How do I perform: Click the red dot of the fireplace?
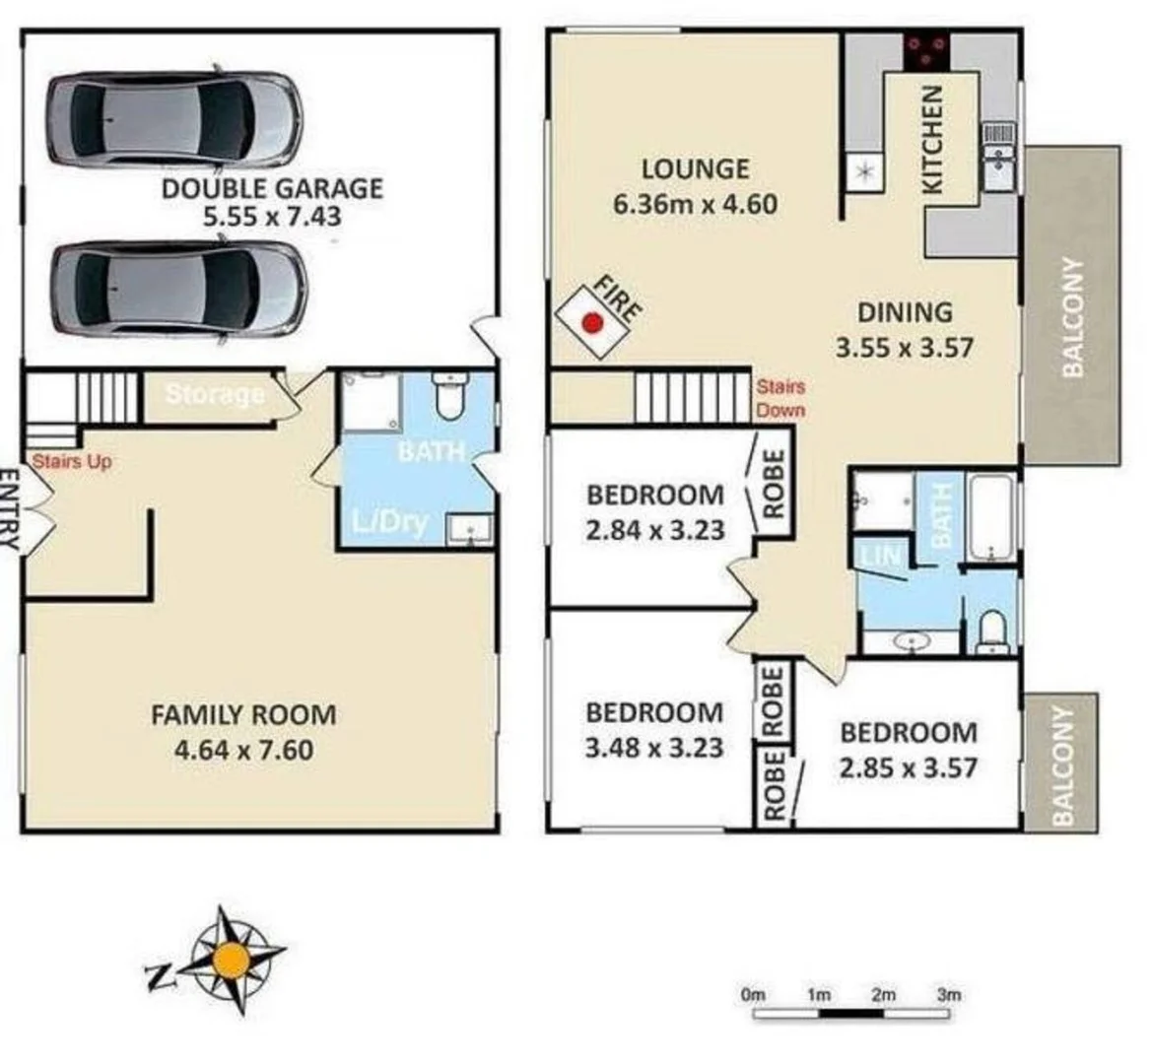[592, 322]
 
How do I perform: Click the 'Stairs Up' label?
[72, 461]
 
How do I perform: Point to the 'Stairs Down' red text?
[780, 399]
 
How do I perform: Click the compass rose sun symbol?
[233, 958]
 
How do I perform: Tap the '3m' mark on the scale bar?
[948, 994]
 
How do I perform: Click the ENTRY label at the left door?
[9, 508]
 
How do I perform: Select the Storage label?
[215, 395]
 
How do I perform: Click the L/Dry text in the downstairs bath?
[391, 522]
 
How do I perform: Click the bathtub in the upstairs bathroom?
[990, 517]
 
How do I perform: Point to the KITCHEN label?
[932, 139]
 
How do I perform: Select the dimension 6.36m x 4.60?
[695, 205]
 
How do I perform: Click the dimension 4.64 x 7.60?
[243, 750]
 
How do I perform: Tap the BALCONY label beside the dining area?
[1072, 316]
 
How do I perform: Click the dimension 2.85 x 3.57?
[908, 767]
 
